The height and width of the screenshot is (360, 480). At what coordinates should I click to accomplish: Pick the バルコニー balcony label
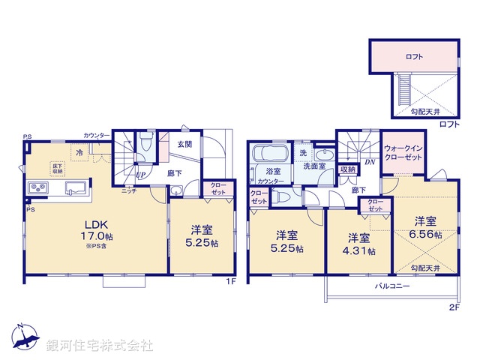[x=391, y=286]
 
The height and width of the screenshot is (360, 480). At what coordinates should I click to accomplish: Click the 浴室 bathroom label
[x=274, y=171]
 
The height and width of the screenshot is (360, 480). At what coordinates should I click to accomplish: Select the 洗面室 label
[x=314, y=166]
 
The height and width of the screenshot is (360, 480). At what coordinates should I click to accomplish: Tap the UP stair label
[x=140, y=176]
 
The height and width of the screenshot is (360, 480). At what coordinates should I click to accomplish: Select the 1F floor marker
[x=232, y=282]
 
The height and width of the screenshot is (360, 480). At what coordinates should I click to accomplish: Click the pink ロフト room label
[x=414, y=56]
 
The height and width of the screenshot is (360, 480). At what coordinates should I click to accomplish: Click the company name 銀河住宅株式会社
[x=99, y=346]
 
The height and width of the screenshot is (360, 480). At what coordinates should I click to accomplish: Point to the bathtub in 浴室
[x=269, y=154]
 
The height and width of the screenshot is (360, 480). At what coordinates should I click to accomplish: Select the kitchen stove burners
[x=38, y=187]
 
